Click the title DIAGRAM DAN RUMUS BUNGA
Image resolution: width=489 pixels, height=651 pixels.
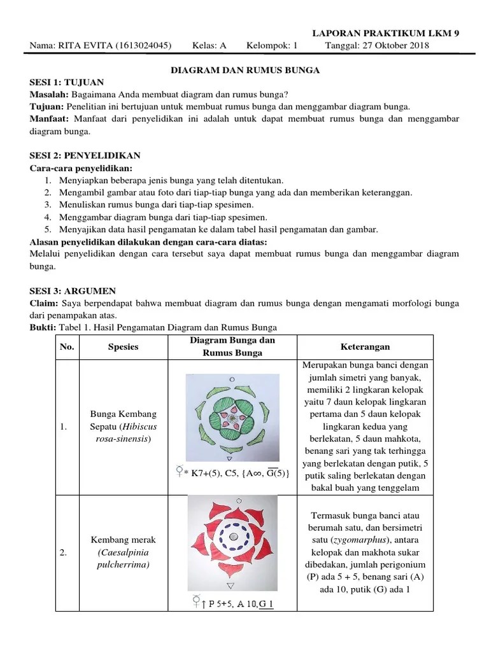pyautogui.click(x=244, y=71)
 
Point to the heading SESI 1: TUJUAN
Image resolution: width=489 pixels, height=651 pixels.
pyautogui.click(x=67, y=83)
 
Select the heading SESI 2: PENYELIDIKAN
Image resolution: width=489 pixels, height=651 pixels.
pyautogui.click(x=85, y=155)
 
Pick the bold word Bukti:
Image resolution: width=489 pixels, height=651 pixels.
pyautogui.click(x=43, y=327)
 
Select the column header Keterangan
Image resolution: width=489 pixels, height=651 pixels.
pyautogui.click(x=364, y=347)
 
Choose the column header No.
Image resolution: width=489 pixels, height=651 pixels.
pyautogui.click(x=66, y=347)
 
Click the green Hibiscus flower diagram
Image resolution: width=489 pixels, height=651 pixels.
pyautogui.click(x=232, y=417)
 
